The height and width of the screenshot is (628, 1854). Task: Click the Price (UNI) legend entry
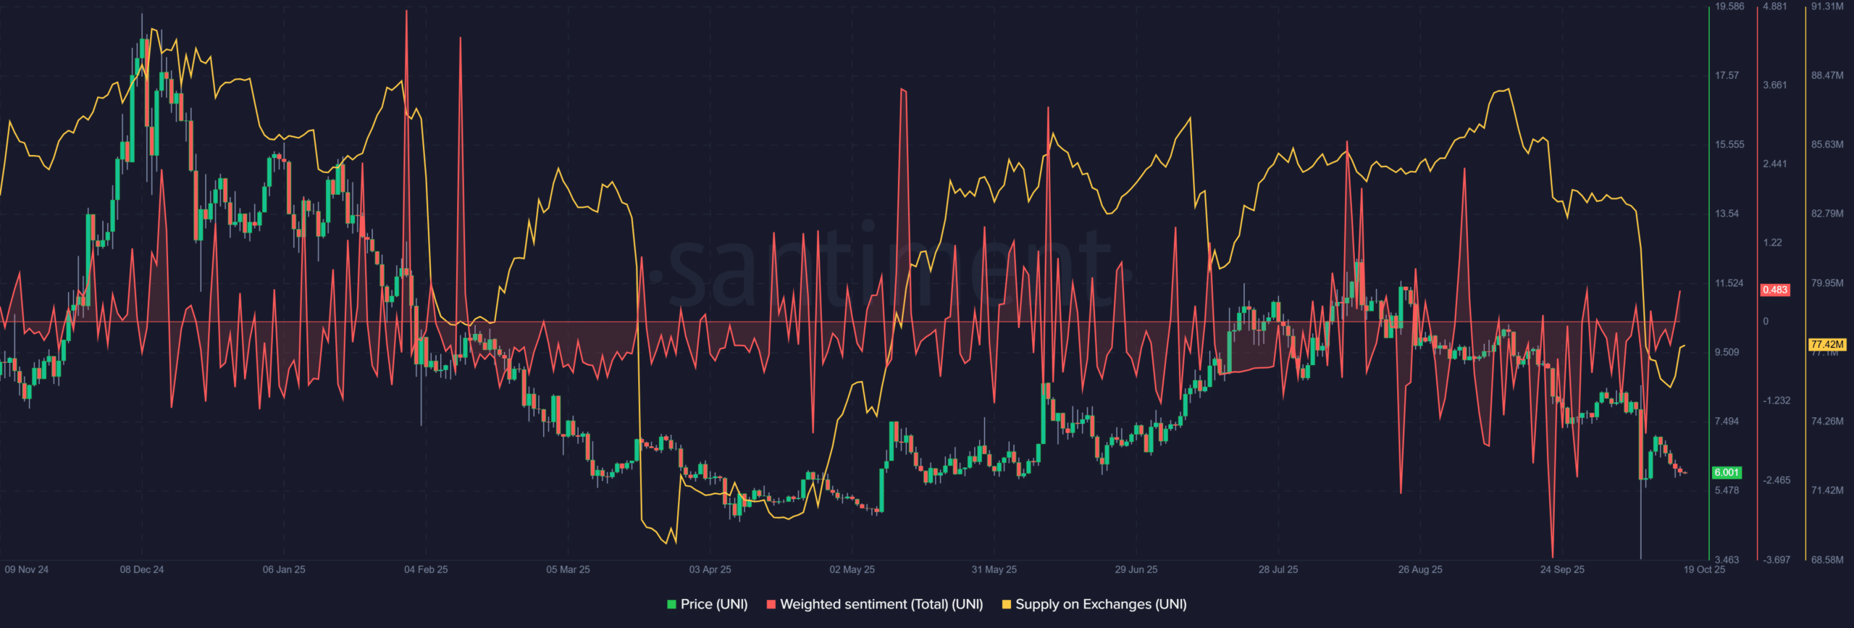707,604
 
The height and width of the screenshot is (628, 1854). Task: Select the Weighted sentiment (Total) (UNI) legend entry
874,604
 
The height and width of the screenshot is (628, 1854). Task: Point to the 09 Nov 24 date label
27,569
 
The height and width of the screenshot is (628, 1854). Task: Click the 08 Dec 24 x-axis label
142,569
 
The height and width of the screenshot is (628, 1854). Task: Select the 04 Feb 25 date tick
426,569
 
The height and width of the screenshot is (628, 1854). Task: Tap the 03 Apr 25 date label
710,569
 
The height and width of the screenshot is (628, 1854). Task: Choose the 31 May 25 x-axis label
994,569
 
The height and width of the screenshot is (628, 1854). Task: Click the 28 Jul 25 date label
1278,569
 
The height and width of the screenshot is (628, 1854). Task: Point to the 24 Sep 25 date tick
1562,569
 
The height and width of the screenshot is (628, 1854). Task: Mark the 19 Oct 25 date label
1704,569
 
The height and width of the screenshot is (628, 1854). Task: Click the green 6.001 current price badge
1727,472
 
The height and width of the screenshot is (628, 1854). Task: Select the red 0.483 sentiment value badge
1775,290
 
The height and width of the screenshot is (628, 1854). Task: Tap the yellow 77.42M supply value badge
1826,345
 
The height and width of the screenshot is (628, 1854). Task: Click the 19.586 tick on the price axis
1729,7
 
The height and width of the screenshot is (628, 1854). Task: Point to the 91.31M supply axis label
1827,7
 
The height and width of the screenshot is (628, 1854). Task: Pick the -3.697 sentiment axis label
1777,560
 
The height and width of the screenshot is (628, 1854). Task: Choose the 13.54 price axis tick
1727,214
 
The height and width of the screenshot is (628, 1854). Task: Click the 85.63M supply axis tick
1827,145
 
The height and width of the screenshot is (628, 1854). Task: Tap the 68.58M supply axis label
1827,560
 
